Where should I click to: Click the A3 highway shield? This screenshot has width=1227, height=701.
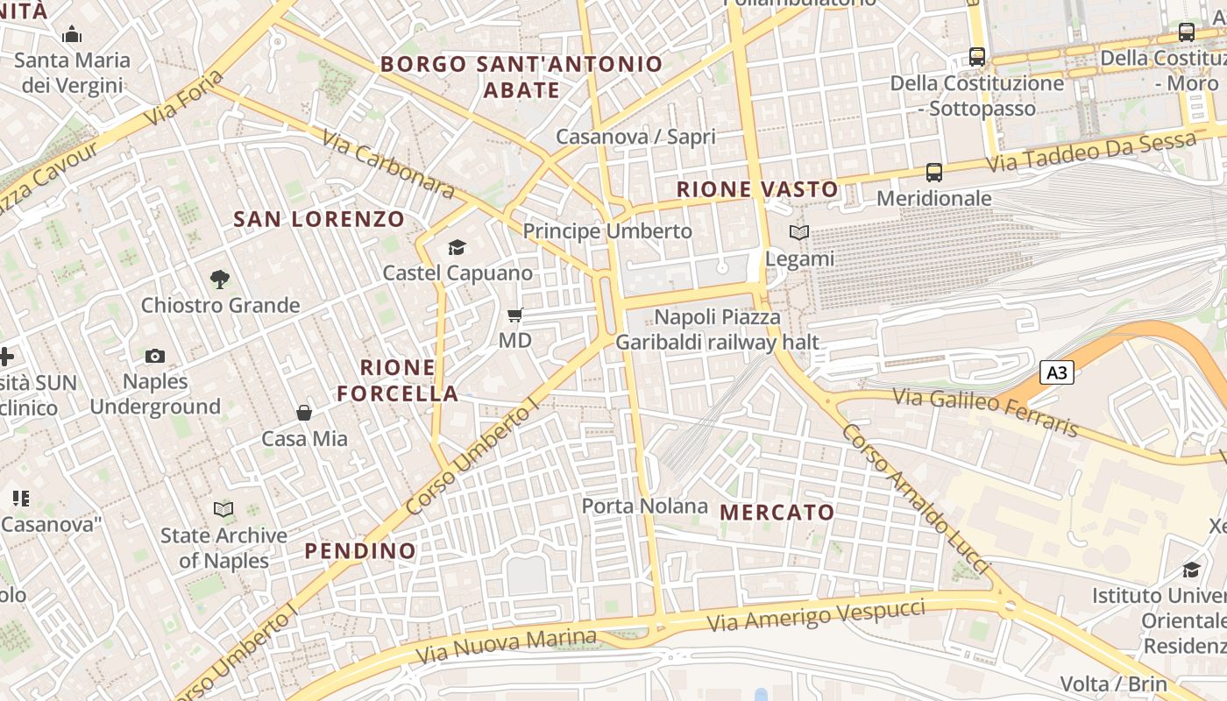point(1057,372)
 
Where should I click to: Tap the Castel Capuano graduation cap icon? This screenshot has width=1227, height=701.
point(457,247)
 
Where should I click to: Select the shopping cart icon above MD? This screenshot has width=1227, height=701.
point(515,315)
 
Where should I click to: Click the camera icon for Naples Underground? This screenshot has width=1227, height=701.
point(155,356)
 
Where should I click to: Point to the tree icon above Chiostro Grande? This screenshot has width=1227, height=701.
point(220,280)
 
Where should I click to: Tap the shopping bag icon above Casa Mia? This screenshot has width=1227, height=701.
point(304,413)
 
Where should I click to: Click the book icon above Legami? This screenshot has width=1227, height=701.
point(799,233)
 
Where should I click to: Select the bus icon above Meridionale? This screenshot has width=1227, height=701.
point(934,173)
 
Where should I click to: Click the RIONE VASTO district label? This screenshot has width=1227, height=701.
point(757,189)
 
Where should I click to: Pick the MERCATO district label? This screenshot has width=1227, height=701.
point(777,512)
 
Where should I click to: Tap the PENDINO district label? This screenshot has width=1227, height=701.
point(360,551)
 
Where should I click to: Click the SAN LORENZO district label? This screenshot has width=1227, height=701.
point(319,219)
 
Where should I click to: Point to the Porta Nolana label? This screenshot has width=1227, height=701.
point(645,506)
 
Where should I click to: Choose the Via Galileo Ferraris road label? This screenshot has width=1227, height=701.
point(985,412)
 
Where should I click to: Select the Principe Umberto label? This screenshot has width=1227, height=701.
point(607,231)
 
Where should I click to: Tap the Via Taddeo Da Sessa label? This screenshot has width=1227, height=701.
point(1091,153)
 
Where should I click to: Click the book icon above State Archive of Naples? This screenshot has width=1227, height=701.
point(224,509)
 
